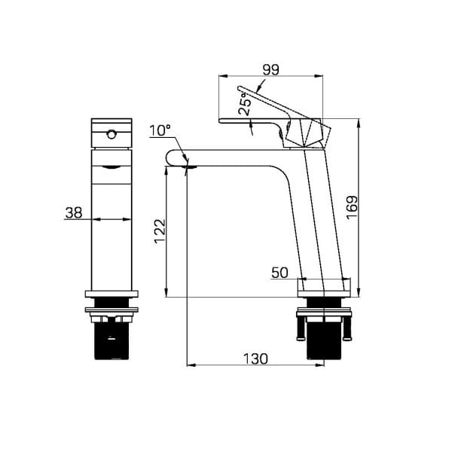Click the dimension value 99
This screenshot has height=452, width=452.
271,69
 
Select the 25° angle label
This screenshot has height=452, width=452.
245,104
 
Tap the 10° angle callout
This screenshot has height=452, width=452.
160,130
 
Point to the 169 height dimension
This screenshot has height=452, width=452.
352,208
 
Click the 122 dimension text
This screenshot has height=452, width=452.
160,231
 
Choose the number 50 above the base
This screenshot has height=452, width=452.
279,273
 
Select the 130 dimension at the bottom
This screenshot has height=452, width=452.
255,359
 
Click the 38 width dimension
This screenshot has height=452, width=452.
74,212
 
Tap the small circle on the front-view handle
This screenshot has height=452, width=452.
111,134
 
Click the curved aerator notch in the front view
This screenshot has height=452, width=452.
111,167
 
